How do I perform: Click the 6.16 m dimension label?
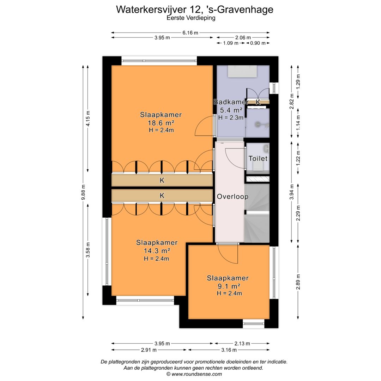190,32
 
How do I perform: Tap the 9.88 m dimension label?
83,192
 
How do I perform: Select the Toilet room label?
258,158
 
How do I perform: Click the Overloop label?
232,196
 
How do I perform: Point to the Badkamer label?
231,102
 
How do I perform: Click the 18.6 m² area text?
161,123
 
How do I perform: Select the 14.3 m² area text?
157,250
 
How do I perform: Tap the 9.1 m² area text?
229,286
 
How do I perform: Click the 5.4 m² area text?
231,110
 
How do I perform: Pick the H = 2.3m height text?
231,117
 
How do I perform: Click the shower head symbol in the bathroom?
258,125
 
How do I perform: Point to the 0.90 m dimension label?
258,43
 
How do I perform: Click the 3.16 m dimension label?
229,350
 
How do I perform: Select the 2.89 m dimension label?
298,282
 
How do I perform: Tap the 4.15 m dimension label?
88,118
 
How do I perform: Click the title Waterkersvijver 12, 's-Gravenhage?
195,10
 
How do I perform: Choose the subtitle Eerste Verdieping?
191,18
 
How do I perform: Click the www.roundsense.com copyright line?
194,374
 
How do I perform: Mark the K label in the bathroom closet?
258,102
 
